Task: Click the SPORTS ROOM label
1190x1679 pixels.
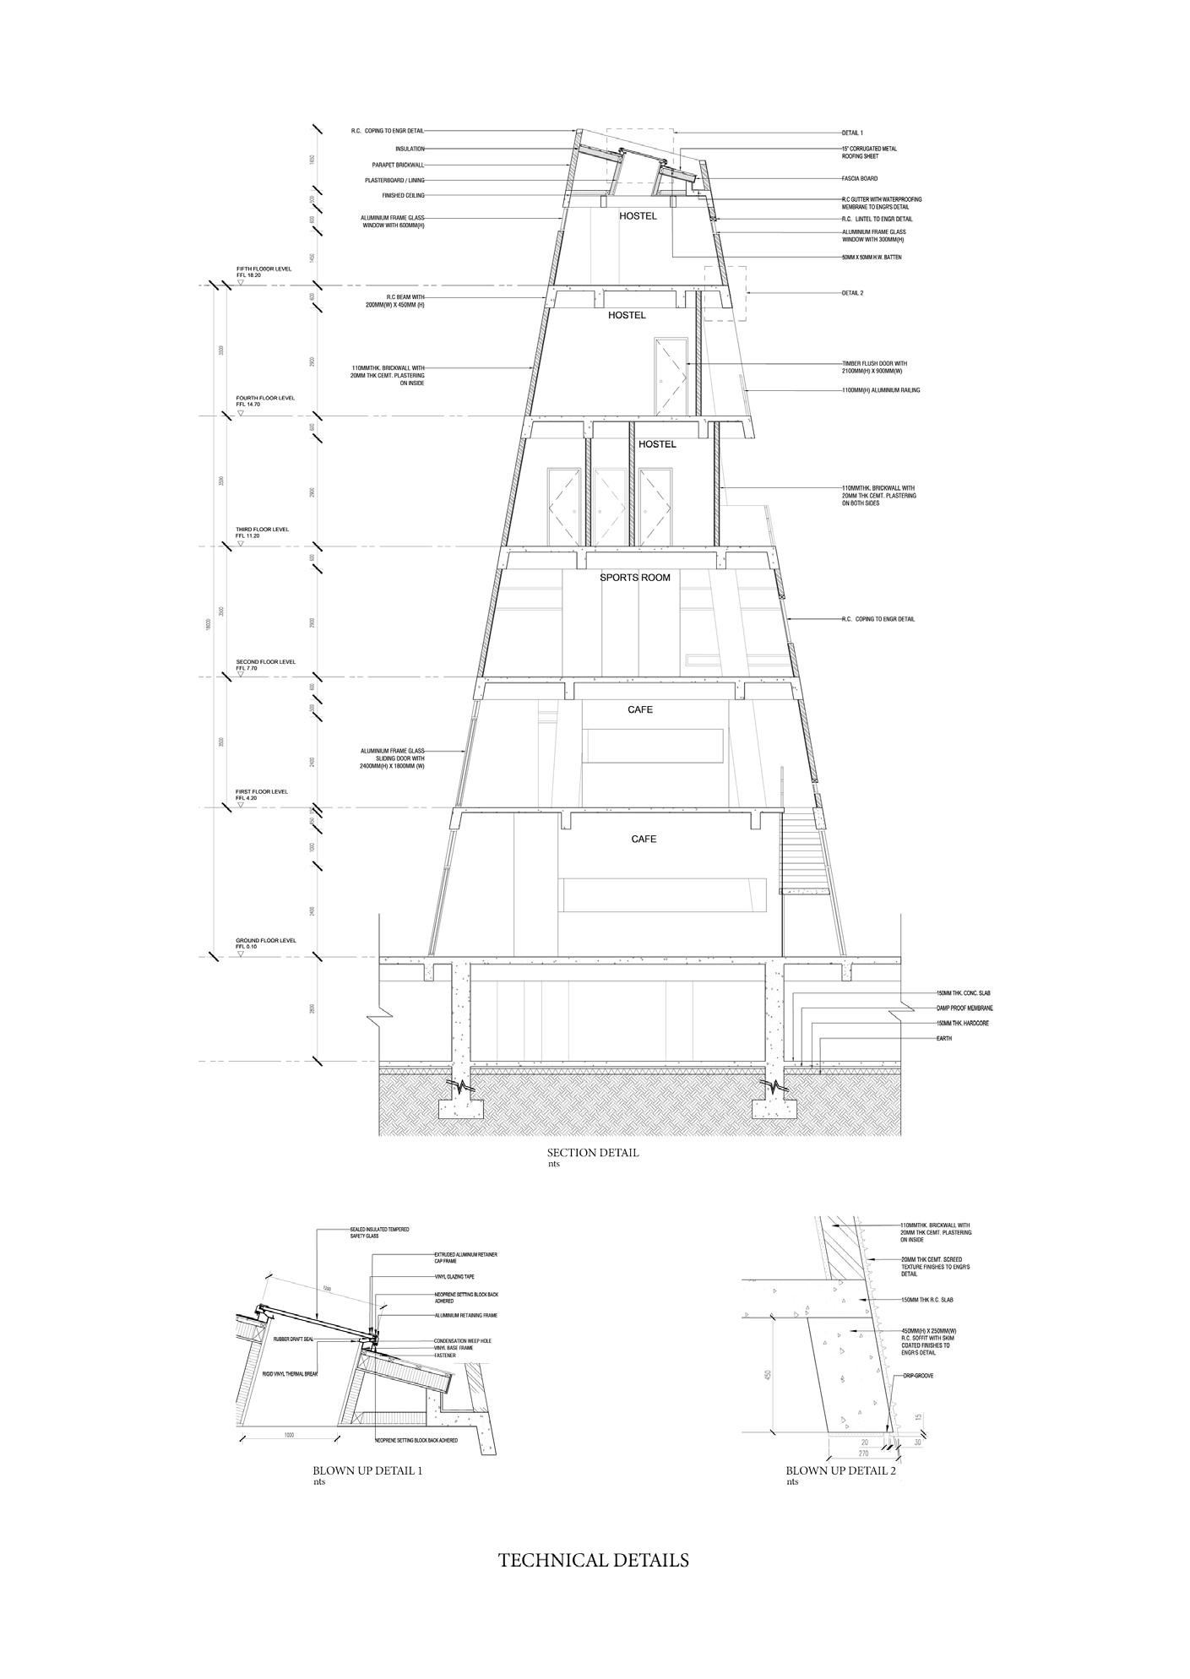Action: click(x=634, y=578)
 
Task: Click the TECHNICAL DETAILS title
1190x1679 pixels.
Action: click(x=593, y=1560)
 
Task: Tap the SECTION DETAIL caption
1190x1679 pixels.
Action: click(x=592, y=1153)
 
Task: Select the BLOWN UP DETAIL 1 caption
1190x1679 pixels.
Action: click(x=367, y=1470)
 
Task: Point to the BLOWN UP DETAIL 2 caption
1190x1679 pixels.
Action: click(x=840, y=1470)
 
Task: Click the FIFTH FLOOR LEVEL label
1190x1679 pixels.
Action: click(x=264, y=269)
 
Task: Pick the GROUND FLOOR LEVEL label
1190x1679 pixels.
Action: click(x=266, y=940)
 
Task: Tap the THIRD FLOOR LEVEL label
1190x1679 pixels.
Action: click(x=262, y=530)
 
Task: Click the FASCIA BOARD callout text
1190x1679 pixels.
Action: click(x=860, y=179)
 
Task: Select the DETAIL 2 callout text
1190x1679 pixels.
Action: click(x=852, y=293)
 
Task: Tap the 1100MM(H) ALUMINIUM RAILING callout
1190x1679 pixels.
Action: click(x=881, y=390)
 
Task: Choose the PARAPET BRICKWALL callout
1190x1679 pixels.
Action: click(x=398, y=165)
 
